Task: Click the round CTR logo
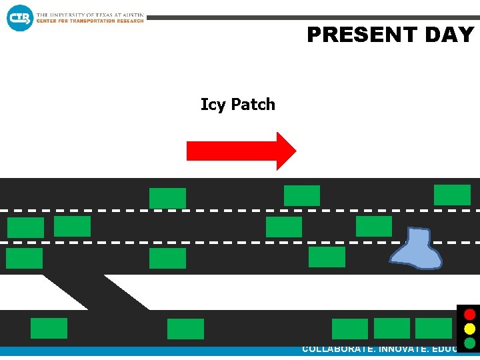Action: click(x=19, y=18)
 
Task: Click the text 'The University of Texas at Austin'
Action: click(x=90, y=15)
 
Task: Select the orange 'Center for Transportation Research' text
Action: click(x=90, y=21)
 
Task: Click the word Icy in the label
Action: click(x=213, y=105)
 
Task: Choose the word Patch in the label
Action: click(x=253, y=105)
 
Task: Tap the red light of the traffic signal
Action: click(x=470, y=314)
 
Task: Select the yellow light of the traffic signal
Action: click(x=470, y=329)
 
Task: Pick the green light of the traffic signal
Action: click(x=470, y=343)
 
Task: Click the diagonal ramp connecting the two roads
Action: click(x=93, y=291)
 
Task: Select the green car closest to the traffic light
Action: click(x=433, y=328)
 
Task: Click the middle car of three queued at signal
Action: click(x=392, y=328)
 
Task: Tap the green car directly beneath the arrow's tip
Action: click(x=302, y=195)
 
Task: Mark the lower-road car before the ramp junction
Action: click(x=49, y=328)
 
